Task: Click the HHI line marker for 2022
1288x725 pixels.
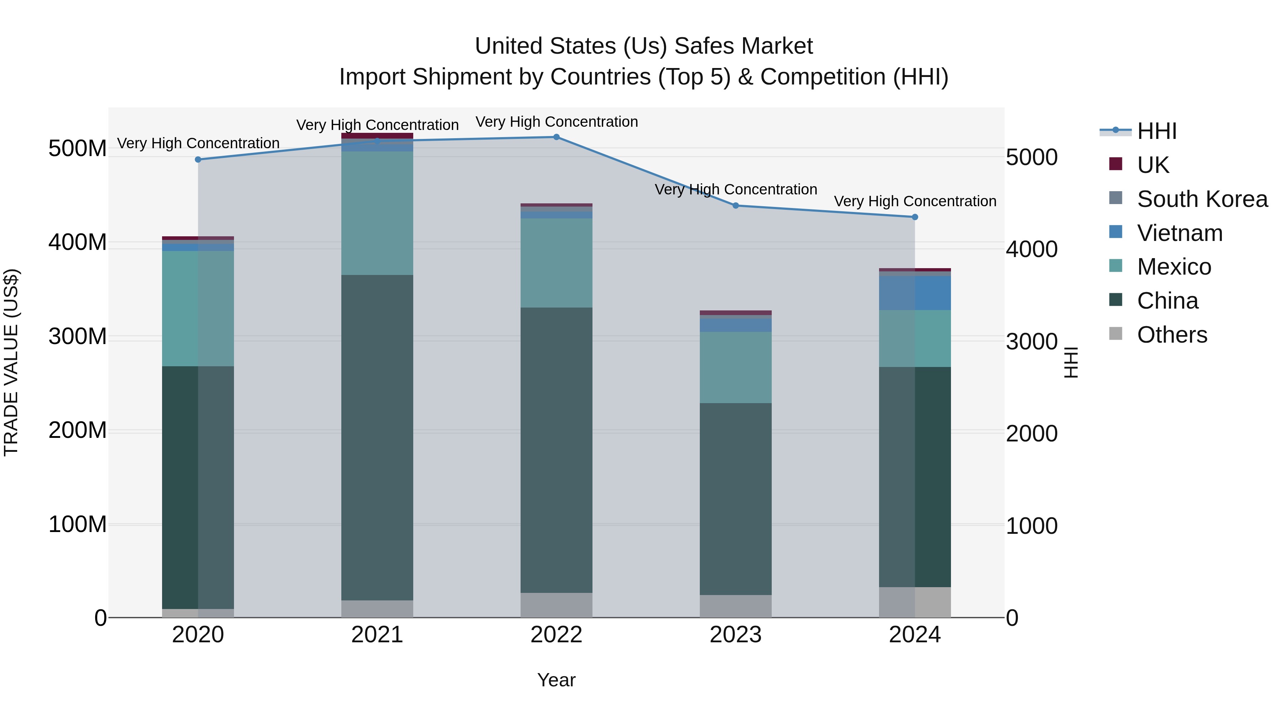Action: [556, 137]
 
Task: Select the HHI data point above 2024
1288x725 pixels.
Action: [914, 217]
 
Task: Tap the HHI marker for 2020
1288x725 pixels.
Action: [198, 160]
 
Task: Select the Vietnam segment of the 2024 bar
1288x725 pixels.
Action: [914, 293]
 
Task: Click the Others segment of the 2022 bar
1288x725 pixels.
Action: [556, 605]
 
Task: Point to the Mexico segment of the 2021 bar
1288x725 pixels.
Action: [377, 213]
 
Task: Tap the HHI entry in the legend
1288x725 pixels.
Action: [1156, 131]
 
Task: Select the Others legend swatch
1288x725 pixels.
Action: [1116, 334]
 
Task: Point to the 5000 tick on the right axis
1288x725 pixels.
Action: [1031, 158]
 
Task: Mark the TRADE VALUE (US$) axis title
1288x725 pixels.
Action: [11, 362]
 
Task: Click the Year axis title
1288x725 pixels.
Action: [556, 681]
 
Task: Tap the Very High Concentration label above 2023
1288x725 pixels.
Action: [736, 190]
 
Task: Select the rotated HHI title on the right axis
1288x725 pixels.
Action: [1070, 362]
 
